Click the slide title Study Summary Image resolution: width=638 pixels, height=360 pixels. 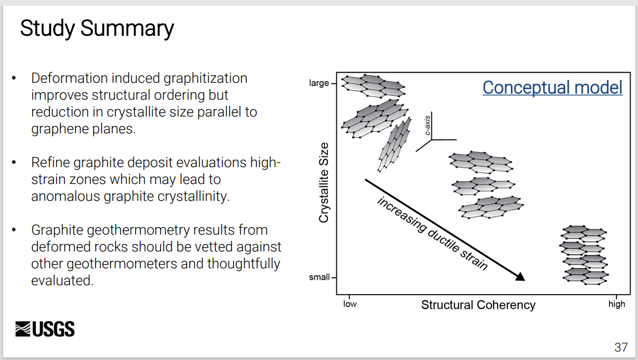[97, 29]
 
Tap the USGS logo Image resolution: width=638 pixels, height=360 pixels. [45, 329]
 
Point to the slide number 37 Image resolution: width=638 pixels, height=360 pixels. [621, 347]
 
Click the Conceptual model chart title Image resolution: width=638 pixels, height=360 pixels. [552, 87]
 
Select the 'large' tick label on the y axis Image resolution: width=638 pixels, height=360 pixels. [318, 83]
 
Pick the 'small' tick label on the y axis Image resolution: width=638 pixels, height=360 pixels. [320, 277]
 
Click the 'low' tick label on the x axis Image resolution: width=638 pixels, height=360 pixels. [350, 304]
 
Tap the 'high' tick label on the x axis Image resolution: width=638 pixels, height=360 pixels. [616, 305]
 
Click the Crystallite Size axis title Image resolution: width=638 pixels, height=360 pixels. [324, 182]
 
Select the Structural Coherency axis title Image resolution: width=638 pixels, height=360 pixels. [478, 305]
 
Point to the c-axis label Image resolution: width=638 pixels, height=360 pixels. [427, 125]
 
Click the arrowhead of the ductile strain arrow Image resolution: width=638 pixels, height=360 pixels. [520, 277]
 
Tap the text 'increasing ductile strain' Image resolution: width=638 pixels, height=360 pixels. [432, 233]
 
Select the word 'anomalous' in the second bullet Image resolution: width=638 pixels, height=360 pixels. [65, 197]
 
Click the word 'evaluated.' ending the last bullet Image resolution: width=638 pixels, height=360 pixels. [62, 280]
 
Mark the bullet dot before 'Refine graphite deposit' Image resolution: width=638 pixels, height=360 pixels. [14, 163]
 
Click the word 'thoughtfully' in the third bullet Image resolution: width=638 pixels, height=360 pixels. [244, 264]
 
